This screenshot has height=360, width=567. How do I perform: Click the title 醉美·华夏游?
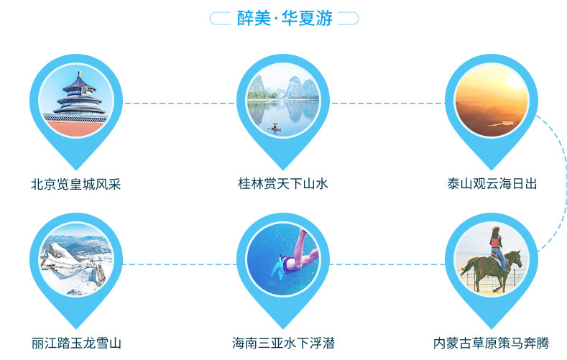(x=285, y=18)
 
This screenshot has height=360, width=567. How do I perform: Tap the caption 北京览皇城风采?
(x=76, y=185)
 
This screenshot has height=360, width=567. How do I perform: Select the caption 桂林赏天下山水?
(x=283, y=184)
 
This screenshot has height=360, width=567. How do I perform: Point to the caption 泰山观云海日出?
(x=492, y=184)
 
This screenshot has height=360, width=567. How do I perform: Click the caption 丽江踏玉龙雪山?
(x=76, y=343)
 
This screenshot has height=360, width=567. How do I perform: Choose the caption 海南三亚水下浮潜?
(x=283, y=343)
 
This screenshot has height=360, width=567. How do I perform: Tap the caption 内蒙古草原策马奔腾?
(x=492, y=343)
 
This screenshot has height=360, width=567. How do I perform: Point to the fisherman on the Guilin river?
(x=275, y=126)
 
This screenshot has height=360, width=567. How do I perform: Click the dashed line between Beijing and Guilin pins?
(x=180, y=103)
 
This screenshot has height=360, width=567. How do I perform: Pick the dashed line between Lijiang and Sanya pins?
(x=180, y=264)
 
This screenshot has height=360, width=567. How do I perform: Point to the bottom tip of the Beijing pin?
(x=76, y=170)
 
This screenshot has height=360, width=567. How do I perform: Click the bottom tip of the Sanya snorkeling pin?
(x=283, y=329)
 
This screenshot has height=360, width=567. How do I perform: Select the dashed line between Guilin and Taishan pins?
(x=388, y=103)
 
